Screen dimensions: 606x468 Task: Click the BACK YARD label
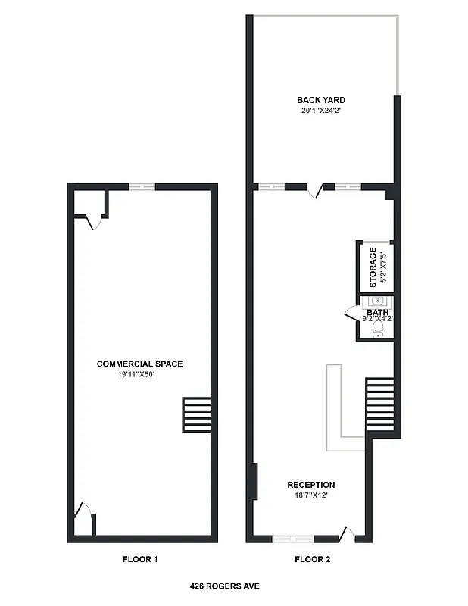[x=321, y=100]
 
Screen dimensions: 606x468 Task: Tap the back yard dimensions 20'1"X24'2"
[x=321, y=111]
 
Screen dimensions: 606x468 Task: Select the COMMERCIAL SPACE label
[x=139, y=364]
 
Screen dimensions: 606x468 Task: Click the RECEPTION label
[x=310, y=485]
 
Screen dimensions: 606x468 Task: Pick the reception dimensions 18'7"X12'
[x=310, y=495]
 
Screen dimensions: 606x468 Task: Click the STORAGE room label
[x=373, y=267]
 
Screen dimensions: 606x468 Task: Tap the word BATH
[x=377, y=311]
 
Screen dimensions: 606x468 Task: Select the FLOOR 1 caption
[x=140, y=560]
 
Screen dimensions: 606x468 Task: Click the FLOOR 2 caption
[x=312, y=560]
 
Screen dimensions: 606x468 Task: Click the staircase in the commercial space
[x=196, y=414]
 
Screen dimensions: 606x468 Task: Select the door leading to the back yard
[x=320, y=189]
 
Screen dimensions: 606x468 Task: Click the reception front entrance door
[x=347, y=535]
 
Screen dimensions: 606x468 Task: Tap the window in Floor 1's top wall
[x=142, y=186]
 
